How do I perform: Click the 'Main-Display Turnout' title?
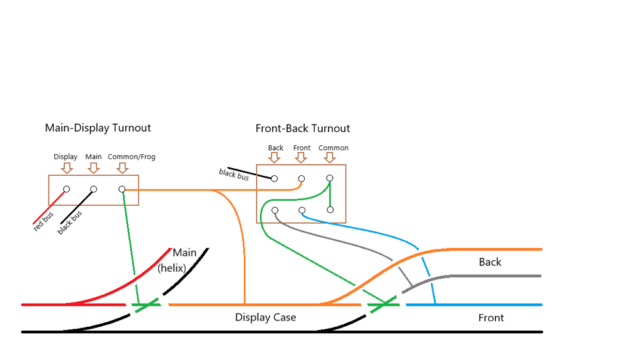[x=98, y=128]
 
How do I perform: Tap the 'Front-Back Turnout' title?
[x=302, y=129]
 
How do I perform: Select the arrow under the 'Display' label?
[x=66, y=168]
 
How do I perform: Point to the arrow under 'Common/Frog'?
[x=123, y=168]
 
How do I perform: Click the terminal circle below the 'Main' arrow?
[x=93, y=189]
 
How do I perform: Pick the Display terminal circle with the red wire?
[x=66, y=189]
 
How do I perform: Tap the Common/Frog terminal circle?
[x=121, y=189]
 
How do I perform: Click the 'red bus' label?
[x=44, y=221]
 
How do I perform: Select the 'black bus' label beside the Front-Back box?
[x=234, y=174]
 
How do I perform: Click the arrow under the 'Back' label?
[x=274, y=158]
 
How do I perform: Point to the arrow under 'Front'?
[x=302, y=158]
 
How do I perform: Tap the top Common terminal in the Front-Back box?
[x=330, y=178]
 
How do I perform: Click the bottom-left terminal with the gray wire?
[x=275, y=210]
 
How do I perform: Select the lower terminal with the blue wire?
[x=302, y=210]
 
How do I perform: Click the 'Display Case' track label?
[x=265, y=317]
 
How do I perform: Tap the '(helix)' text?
[x=171, y=268]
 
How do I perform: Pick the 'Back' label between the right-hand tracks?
[x=490, y=262]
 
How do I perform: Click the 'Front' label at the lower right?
[x=491, y=318]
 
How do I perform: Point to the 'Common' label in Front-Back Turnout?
[x=334, y=148]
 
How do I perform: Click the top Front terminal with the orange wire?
[x=302, y=179]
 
